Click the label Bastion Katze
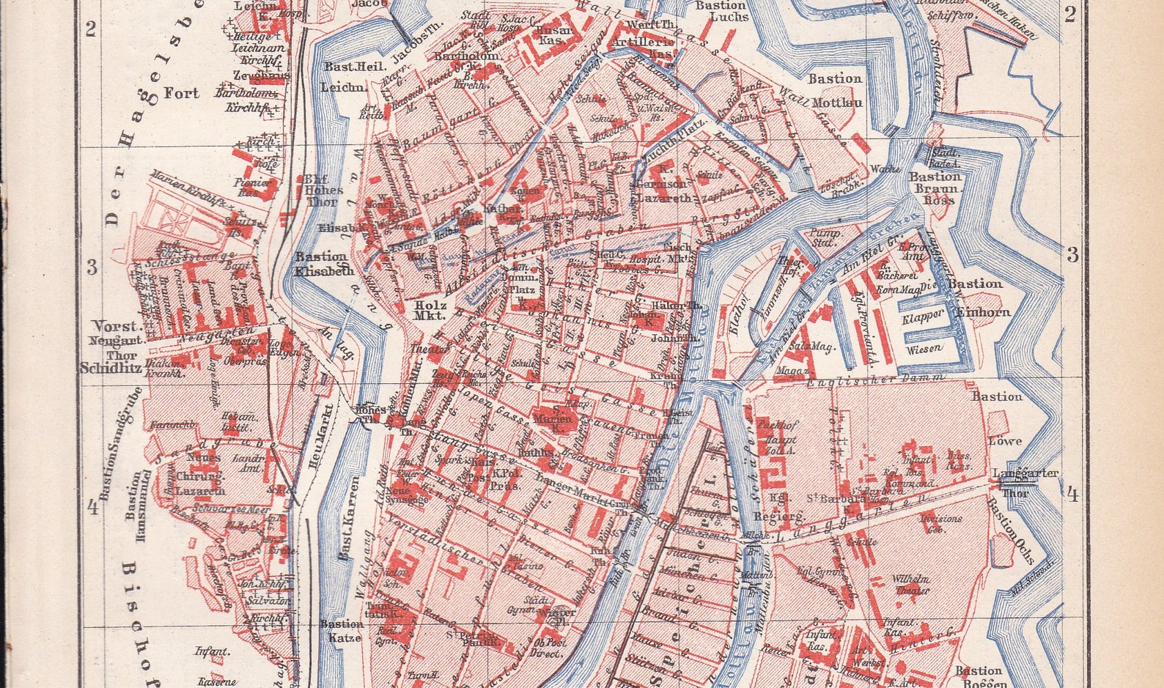341,630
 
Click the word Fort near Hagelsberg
181,93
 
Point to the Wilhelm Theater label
910,584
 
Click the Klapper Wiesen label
923,333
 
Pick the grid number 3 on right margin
1072,255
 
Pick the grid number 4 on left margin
93,508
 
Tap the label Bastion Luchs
721,10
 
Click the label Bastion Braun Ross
934,188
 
